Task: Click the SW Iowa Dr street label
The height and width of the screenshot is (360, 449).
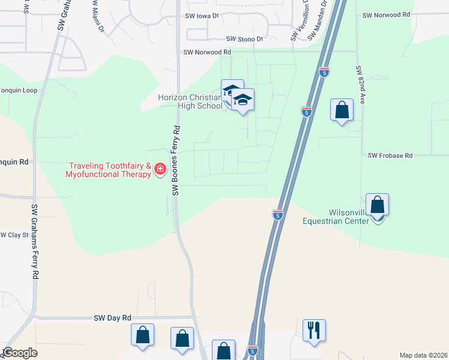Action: tap(202, 17)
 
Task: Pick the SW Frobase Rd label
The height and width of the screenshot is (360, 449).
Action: tap(390, 156)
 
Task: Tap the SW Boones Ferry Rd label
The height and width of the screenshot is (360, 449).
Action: tap(176, 160)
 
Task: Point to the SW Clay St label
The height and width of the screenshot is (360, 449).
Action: tap(14, 235)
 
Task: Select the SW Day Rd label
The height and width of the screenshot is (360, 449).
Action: tap(112, 317)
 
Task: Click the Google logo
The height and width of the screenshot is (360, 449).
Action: tap(19, 353)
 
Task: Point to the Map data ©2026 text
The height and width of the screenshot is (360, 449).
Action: tap(423, 355)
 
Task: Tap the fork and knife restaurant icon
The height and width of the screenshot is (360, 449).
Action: tap(314, 330)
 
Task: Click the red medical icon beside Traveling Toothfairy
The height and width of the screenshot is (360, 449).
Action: tap(160, 169)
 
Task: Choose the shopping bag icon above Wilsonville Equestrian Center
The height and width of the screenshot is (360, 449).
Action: tap(377, 205)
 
